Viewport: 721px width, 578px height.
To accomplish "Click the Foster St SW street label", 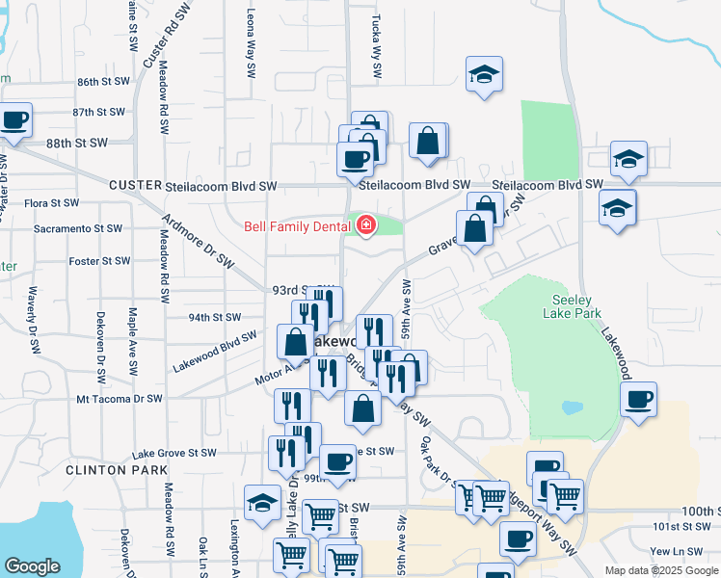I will (99, 261).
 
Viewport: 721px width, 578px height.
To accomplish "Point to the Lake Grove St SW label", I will (174, 453).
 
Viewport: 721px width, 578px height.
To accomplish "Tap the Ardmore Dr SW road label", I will (199, 240).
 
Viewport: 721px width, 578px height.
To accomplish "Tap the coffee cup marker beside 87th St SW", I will (14, 121).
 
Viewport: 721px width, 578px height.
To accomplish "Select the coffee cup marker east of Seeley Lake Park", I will (638, 400).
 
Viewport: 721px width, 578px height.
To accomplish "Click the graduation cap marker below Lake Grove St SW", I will (262, 503).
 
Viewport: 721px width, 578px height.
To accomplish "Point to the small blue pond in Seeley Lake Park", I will (573, 407).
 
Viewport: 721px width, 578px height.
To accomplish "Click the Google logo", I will (32, 566).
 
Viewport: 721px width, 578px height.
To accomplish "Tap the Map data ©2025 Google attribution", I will (659, 570).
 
